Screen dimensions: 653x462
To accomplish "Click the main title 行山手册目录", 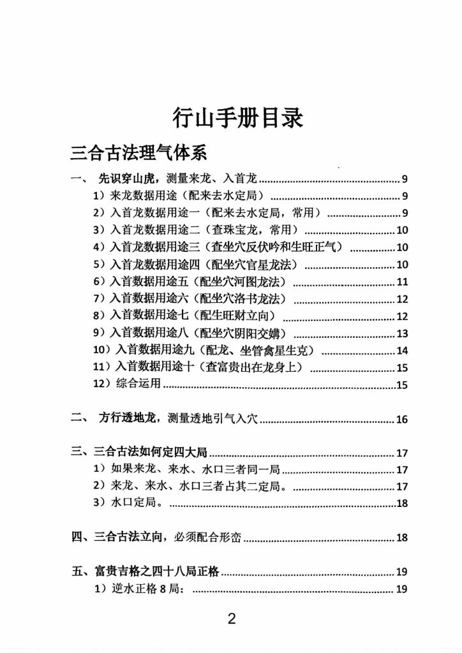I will [x=237, y=119].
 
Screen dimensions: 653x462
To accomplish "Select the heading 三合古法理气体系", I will [x=138, y=155].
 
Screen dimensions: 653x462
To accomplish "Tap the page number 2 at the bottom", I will [x=232, y=619].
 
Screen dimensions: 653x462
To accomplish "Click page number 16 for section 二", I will [x=401, y=419].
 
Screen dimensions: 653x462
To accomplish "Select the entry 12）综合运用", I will [x=128, y=384].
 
